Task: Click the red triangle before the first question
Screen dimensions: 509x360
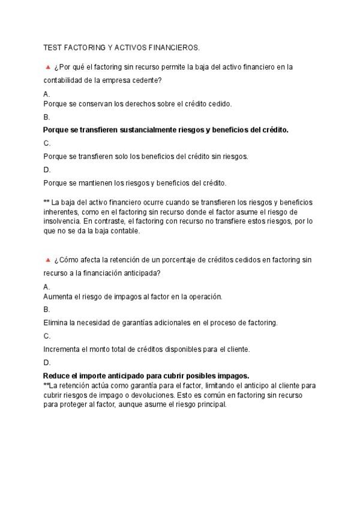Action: [x=47, y=67]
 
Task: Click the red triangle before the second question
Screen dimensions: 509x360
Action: [x=47, y=260]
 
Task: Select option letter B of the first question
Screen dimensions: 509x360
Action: [x=46, y=117]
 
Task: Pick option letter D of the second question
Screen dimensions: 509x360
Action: [x=47, y=363]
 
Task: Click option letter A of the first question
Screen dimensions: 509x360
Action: [x=46, y=94]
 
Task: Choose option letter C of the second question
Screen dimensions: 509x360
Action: [x=47, y=336]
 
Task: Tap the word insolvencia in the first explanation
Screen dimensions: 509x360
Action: [x=61, y=221]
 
